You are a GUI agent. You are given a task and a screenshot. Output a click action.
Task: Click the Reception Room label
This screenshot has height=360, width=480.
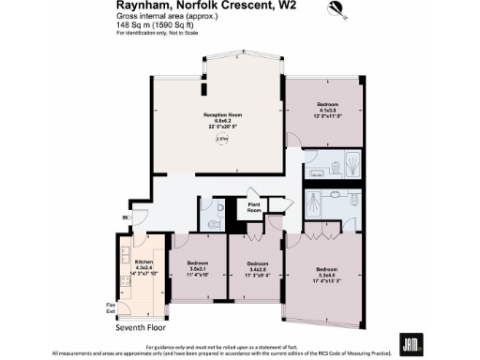(222, 119)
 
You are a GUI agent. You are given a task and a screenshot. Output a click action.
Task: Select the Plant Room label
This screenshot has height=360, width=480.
(253, 207)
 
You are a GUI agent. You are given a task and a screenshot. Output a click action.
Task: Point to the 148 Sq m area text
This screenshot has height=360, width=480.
(156, 26)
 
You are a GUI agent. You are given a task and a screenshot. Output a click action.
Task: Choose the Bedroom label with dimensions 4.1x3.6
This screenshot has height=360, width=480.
(326, 108)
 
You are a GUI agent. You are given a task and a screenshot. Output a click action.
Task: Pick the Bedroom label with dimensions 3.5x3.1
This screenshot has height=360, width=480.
(197, 266)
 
